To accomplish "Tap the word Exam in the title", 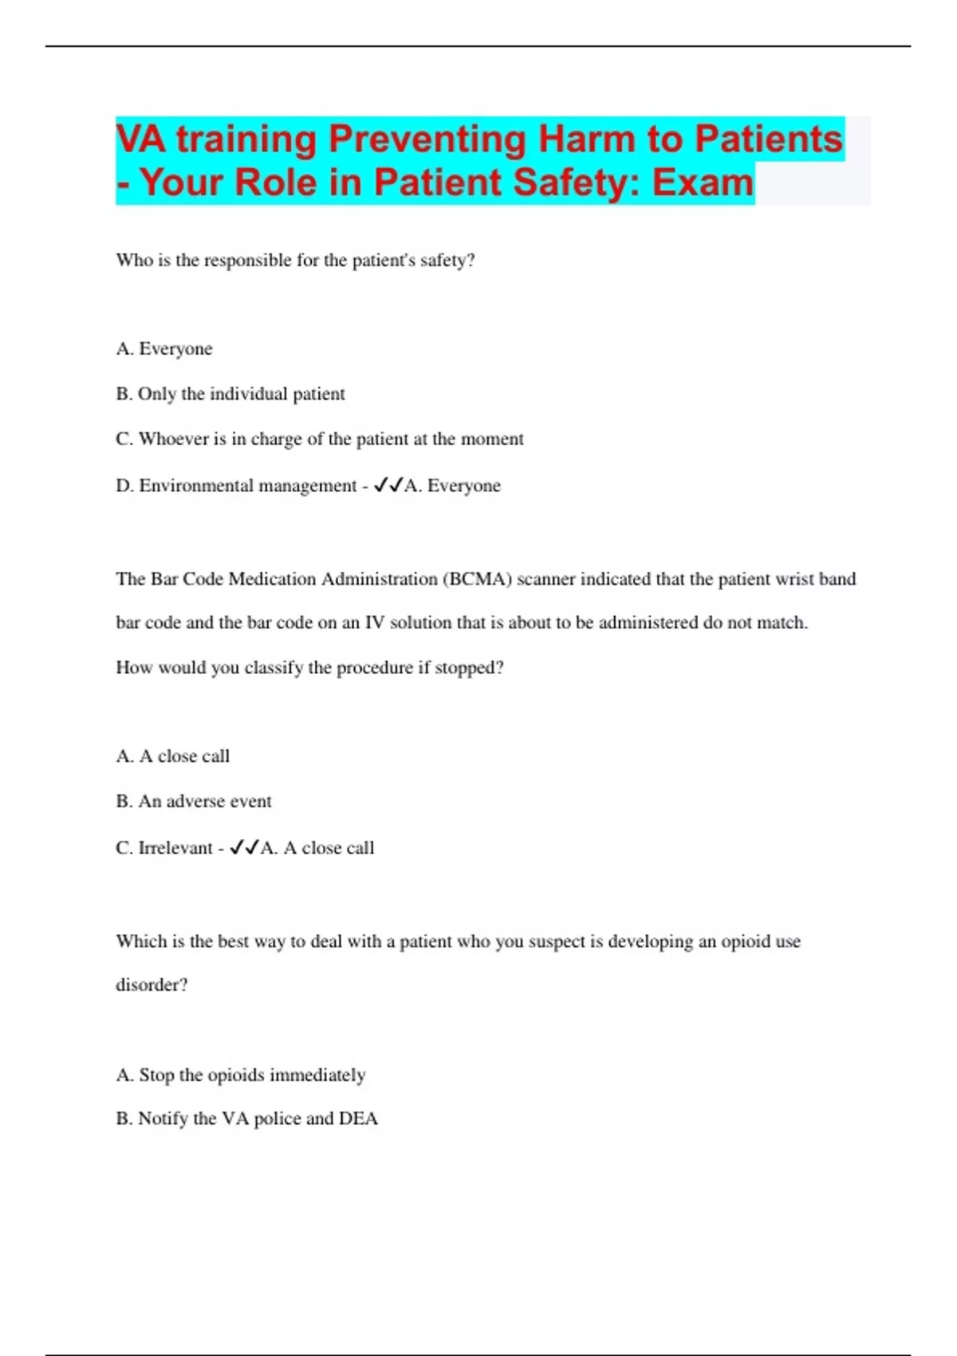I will tap(702, 183).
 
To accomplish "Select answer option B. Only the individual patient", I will tap(230, 394).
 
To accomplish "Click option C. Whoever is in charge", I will tap(320, 439).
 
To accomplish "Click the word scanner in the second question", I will tap(545, 579).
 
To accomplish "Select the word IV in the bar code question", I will tap(375, 623).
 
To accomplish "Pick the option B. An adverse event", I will tap(194, 802).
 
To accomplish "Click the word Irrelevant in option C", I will tap(175, 848).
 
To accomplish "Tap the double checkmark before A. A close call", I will tap(244, 848).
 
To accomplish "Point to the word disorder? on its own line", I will tap(152, 985).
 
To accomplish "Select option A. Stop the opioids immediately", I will tap(241, 1075).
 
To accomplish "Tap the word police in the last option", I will tap(277, 1119).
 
